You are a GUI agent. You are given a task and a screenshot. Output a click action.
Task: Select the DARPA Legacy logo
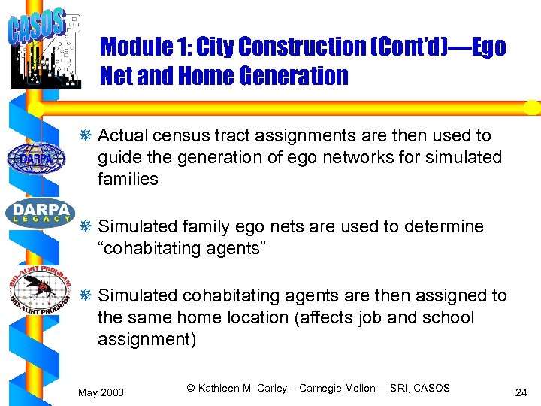click(x=39, y=212)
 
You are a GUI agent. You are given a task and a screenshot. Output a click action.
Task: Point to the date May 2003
click(x=101, y=392)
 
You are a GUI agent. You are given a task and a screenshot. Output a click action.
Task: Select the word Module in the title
click(x=133, y=47)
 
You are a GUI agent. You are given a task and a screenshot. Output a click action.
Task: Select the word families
click(x=128, y=179)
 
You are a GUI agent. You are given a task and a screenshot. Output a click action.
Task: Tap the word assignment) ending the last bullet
click(x=147, y=339)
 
